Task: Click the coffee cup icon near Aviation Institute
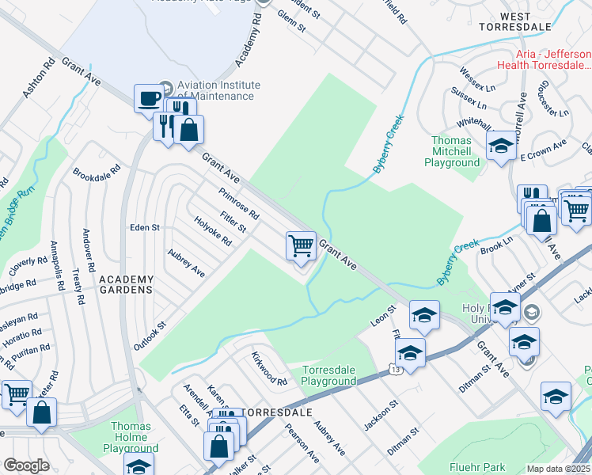coord(147,98)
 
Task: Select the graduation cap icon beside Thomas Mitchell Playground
coord(500,146)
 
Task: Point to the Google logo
coord(26,465)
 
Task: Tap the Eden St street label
coord(145,227)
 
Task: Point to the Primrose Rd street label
coord(239,203)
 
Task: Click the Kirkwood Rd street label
coord(269,370)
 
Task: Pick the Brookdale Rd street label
coord(97,170)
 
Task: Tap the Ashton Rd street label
coord(36,79)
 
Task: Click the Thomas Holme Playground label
coord(131,437)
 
